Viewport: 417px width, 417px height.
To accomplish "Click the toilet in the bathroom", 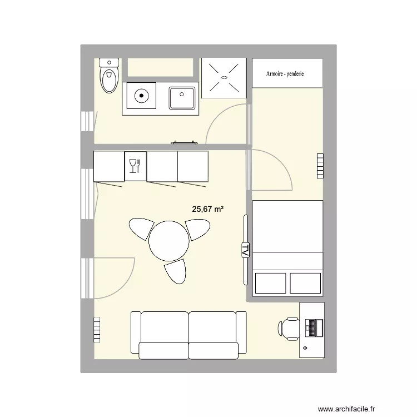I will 109,76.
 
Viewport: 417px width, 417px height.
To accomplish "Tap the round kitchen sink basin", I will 141,96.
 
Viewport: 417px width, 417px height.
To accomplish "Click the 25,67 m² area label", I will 208,210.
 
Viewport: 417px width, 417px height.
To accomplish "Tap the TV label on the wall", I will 245,250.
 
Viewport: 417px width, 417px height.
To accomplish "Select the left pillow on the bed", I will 270,283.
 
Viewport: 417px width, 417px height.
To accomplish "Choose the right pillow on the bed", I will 305,283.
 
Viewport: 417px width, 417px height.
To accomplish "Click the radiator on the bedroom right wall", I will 320,166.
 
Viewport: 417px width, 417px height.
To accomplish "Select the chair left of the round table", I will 142,227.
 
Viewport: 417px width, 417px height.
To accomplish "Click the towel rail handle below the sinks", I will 185,143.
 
